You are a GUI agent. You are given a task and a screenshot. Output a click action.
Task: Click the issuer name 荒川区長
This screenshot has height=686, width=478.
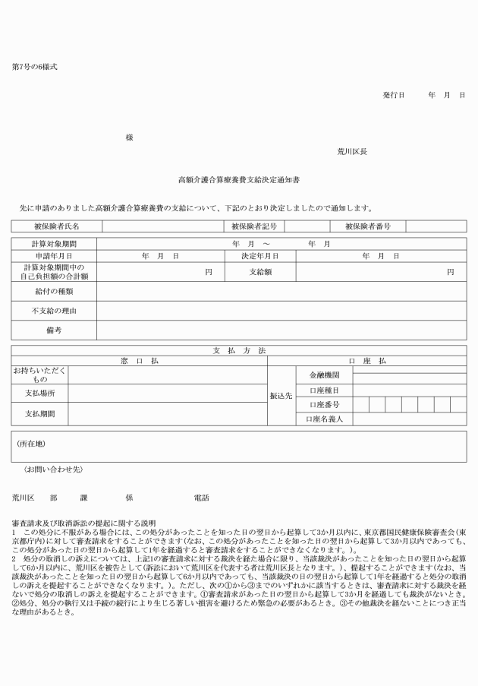[352, 151]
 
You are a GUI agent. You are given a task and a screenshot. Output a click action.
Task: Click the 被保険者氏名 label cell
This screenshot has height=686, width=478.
[57, 226]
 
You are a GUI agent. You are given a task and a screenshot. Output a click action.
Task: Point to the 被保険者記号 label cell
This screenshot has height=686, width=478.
[253, 226]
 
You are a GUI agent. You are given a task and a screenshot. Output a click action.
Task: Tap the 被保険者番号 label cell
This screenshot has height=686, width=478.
[367, 226]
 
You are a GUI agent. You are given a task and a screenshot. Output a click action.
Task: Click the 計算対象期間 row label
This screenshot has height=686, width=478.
[54, 244]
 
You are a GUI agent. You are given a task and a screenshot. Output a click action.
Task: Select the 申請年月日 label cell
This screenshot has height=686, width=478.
[54, 257]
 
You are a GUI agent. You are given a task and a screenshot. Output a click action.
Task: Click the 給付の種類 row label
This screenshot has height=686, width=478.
[54, 291]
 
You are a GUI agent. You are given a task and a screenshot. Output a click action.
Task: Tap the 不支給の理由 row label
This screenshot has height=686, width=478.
[54, 311]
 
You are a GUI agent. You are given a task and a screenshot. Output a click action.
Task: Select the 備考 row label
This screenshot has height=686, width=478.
[54, 330]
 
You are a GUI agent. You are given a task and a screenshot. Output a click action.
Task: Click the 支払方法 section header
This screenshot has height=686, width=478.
[239, 350]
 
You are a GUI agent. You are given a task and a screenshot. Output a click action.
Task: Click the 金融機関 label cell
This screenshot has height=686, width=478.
[325, 375]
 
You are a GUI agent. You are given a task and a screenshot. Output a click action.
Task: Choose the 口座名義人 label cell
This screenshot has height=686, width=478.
[325, 419]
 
